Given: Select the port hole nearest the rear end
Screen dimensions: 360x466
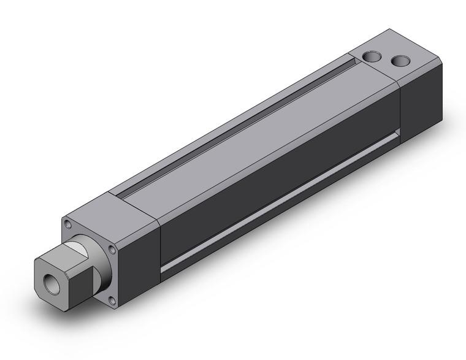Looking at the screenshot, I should point(400,61).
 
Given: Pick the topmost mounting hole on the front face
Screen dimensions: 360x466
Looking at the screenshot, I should point(67,224).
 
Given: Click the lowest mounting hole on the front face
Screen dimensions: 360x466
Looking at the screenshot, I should point(112,300).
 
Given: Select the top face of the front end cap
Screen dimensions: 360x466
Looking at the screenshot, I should point(110,212).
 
